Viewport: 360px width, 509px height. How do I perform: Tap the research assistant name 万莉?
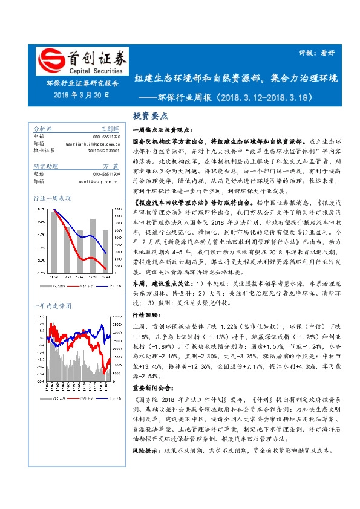tap(111, 166)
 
